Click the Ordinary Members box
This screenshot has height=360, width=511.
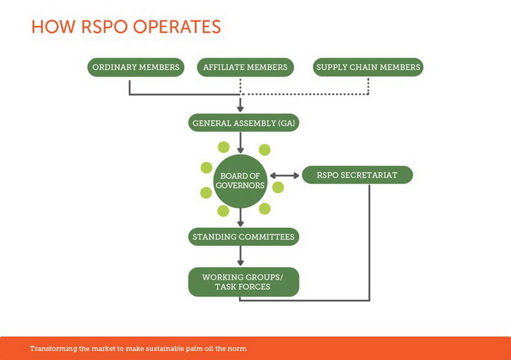[135, 67]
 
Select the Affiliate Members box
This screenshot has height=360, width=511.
[245, 67]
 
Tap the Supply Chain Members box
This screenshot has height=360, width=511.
[368, 67]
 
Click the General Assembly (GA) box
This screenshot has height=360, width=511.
[243, 123]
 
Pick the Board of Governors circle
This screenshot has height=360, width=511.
[240, 181]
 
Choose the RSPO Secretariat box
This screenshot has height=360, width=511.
[357, 175]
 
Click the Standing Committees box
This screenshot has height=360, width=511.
[243, 237]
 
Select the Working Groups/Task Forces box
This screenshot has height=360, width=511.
[243, 282]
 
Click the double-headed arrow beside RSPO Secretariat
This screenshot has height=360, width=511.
[284, 176]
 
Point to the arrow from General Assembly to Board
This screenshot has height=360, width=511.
[241, 143]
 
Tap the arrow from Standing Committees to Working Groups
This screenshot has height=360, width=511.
[241, 256]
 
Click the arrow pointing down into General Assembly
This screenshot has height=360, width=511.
[241, 104]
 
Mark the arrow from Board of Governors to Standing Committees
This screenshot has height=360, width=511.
[241, 217]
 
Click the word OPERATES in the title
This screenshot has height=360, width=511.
[177, 27]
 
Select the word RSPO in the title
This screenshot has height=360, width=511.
[104, 27]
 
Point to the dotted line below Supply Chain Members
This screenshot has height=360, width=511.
[369, 86]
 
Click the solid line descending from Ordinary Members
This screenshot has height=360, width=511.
[130, 87]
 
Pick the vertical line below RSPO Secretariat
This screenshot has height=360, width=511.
[369, 242]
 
